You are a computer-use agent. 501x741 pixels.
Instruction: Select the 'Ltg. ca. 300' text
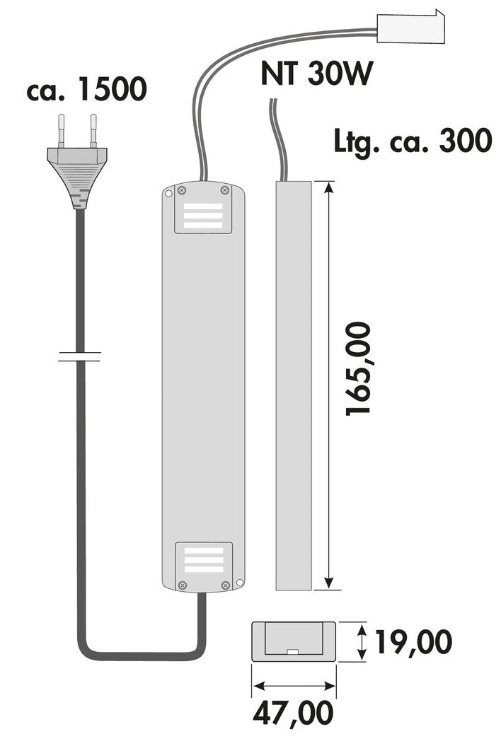pyautogui.click(x=413, y=141)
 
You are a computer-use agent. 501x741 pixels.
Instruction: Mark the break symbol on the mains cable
pyautogui.click(x=79, y=356)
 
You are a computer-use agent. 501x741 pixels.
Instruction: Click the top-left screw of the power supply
pyautogui.click(x=181, y=189)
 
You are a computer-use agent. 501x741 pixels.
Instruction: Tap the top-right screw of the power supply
pyautogui.click(x=225, y=189)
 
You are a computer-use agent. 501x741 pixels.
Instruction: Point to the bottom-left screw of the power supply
pyautogui.click(x=183, y=585)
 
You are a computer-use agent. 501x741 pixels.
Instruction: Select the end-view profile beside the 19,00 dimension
pyautogui.click(x=293, y=641)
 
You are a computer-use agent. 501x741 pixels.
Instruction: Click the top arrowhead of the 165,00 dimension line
pyautogui.click(x=328, y=187)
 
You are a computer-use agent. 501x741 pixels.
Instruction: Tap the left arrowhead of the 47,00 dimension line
pyautogui.click(x=257, y=685)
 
